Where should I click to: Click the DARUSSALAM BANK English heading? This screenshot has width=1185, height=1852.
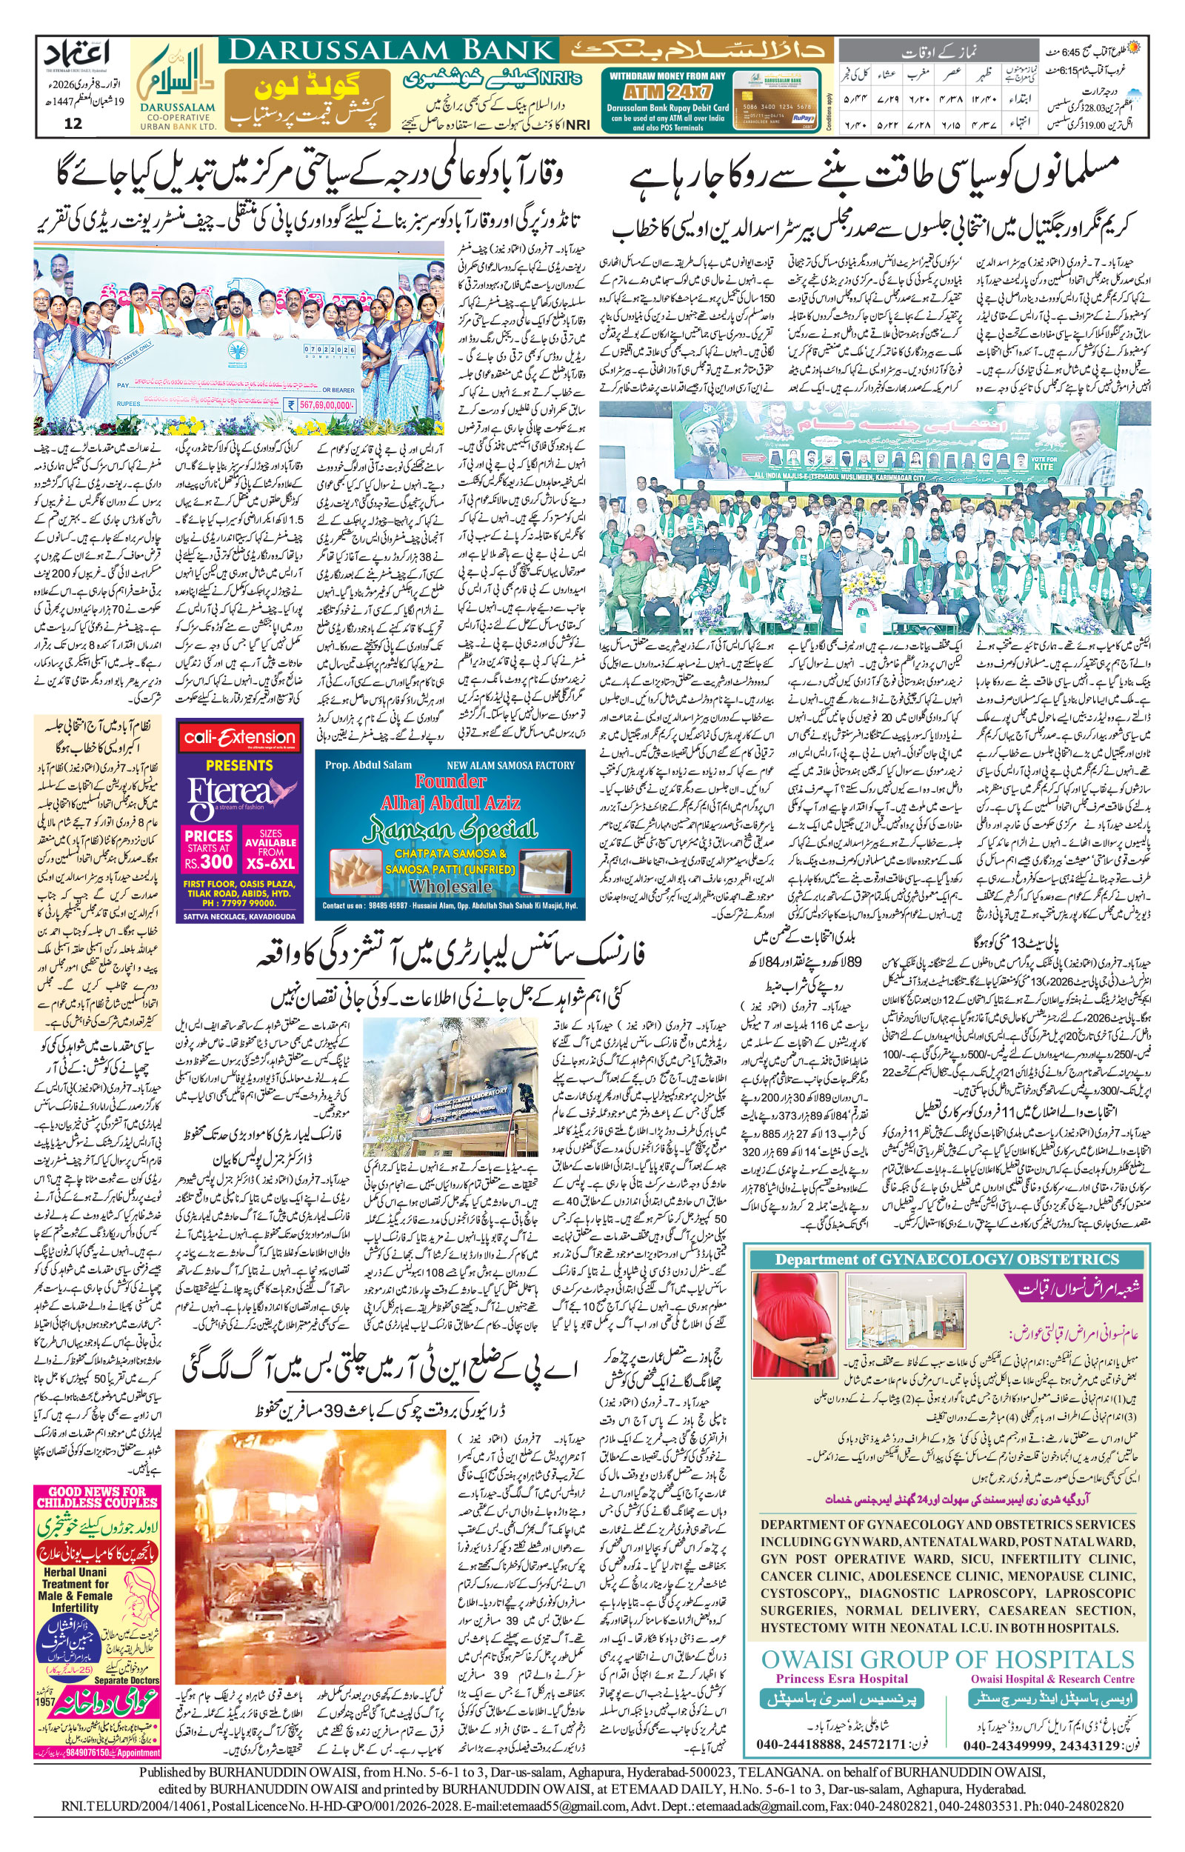[x=389, y=51]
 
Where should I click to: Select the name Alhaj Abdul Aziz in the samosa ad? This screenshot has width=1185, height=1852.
[x=451, y=802]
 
